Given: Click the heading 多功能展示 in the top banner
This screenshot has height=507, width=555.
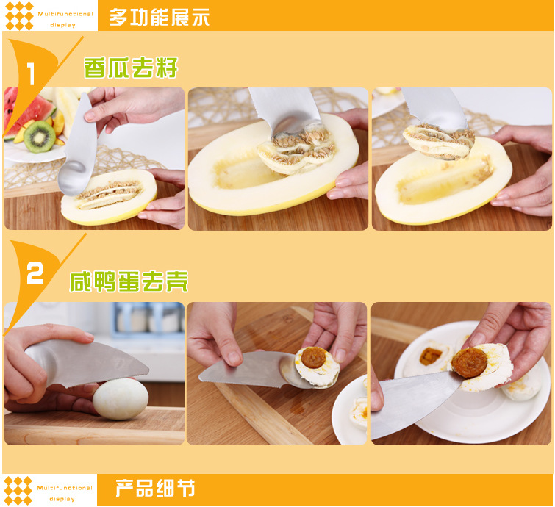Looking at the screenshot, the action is pyautogui.click(x=160, y=17).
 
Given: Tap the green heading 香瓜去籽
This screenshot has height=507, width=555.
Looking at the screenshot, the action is pyautogui.click(x=131, y=68).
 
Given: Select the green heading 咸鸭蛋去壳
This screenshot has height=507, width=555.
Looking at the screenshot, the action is pyautogui.click(x=129, y=281).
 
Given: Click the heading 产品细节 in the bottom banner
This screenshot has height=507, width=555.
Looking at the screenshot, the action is pyautogui.click(x=155, y=488).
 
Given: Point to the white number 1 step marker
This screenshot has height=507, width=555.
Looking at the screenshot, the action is pyautogui.click(x=31, y=73).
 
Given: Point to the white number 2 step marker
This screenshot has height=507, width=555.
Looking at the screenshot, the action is pyautogui.click(x=35, y=273).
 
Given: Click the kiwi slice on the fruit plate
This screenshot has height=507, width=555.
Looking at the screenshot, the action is pyautogui.click(x=39, y=137).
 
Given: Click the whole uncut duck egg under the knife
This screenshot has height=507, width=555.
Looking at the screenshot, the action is pyautogui.click(x=121, y=399).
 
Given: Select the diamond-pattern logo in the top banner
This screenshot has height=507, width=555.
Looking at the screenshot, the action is pyautogui.click(x=19, y=16).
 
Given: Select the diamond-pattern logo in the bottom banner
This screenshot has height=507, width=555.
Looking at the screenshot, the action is pyautogui.click(x=18, y=491).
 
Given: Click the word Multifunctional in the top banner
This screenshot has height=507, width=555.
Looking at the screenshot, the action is pyautogui.click(x=65, y=14).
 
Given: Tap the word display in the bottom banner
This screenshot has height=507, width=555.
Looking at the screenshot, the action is pyautogui.click(x=62, y=499).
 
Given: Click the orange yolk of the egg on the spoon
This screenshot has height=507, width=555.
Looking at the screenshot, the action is pyautogui.click(x=314, y=357).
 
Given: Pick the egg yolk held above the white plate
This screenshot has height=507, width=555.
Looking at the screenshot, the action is pyautogui.click(x=469, y=363).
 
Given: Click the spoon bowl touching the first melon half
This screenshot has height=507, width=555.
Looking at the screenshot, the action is pyautogui.click(x=74, y=178).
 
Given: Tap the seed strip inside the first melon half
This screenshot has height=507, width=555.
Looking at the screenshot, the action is pyautogui.click(x=109, y=194).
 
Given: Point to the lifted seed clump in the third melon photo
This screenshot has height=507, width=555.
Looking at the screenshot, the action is pyautogui.click(x=439, y=141).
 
